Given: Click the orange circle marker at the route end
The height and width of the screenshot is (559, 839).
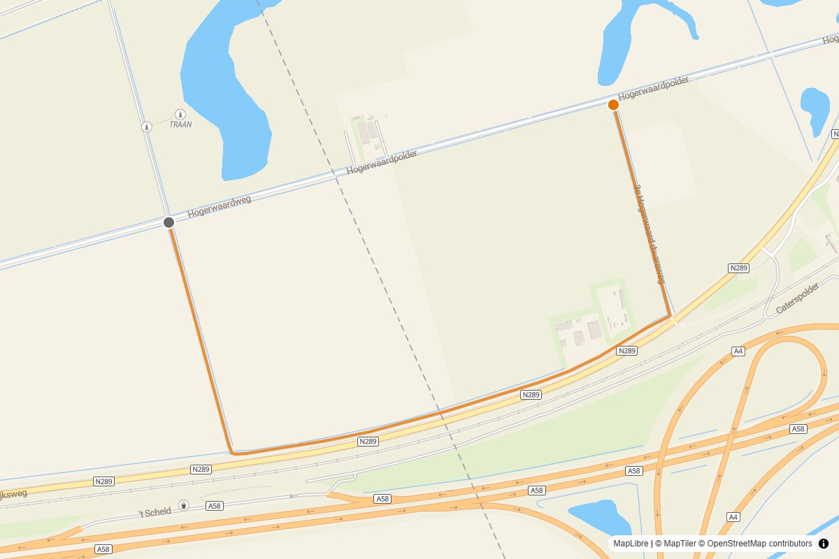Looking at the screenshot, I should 613,105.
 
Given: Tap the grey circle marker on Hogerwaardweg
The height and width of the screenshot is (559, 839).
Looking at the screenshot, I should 168,222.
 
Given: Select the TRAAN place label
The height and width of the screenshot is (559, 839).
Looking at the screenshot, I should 180,124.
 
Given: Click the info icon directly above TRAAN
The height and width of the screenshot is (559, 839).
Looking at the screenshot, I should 180,114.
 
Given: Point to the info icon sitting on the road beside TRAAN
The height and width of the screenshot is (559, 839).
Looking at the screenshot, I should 147,126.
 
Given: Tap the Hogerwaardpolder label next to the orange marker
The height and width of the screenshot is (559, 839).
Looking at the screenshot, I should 654,89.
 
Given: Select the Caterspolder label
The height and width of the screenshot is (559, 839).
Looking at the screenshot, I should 796,298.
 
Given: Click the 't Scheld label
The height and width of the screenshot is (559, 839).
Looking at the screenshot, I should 155,512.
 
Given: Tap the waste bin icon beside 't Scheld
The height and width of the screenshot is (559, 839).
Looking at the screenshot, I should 183,504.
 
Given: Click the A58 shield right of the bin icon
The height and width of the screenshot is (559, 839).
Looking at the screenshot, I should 214,505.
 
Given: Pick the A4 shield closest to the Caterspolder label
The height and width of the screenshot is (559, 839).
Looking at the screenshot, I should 738,351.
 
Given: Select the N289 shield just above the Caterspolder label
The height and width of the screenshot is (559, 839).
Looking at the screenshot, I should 738,268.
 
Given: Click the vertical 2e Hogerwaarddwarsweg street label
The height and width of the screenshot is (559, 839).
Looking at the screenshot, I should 648,234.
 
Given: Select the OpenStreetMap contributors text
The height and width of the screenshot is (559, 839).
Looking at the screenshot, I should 759,544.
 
